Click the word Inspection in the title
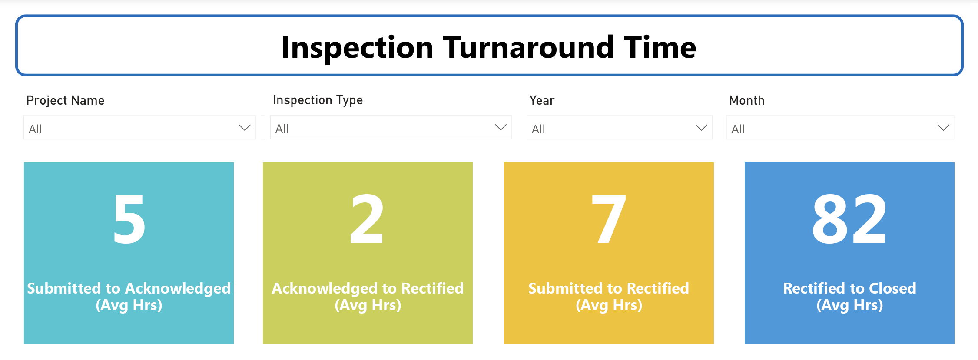(357, 48)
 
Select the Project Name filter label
(65, 101)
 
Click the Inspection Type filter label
(318, 100)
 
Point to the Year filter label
(542, 101)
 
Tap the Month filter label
(746, 101)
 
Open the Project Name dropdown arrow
(245, 128)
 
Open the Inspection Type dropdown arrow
(501, 127)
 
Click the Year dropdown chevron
(701, 128)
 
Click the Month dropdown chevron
(943, 128)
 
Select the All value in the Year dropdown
(538, 129)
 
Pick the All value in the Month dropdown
(738, 129)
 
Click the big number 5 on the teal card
(129, 219)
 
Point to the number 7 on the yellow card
(609, 219)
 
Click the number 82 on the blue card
(849, 219)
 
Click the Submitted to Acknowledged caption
(129, 297)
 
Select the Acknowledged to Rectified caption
(368, 297)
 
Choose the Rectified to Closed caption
(849, 297)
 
